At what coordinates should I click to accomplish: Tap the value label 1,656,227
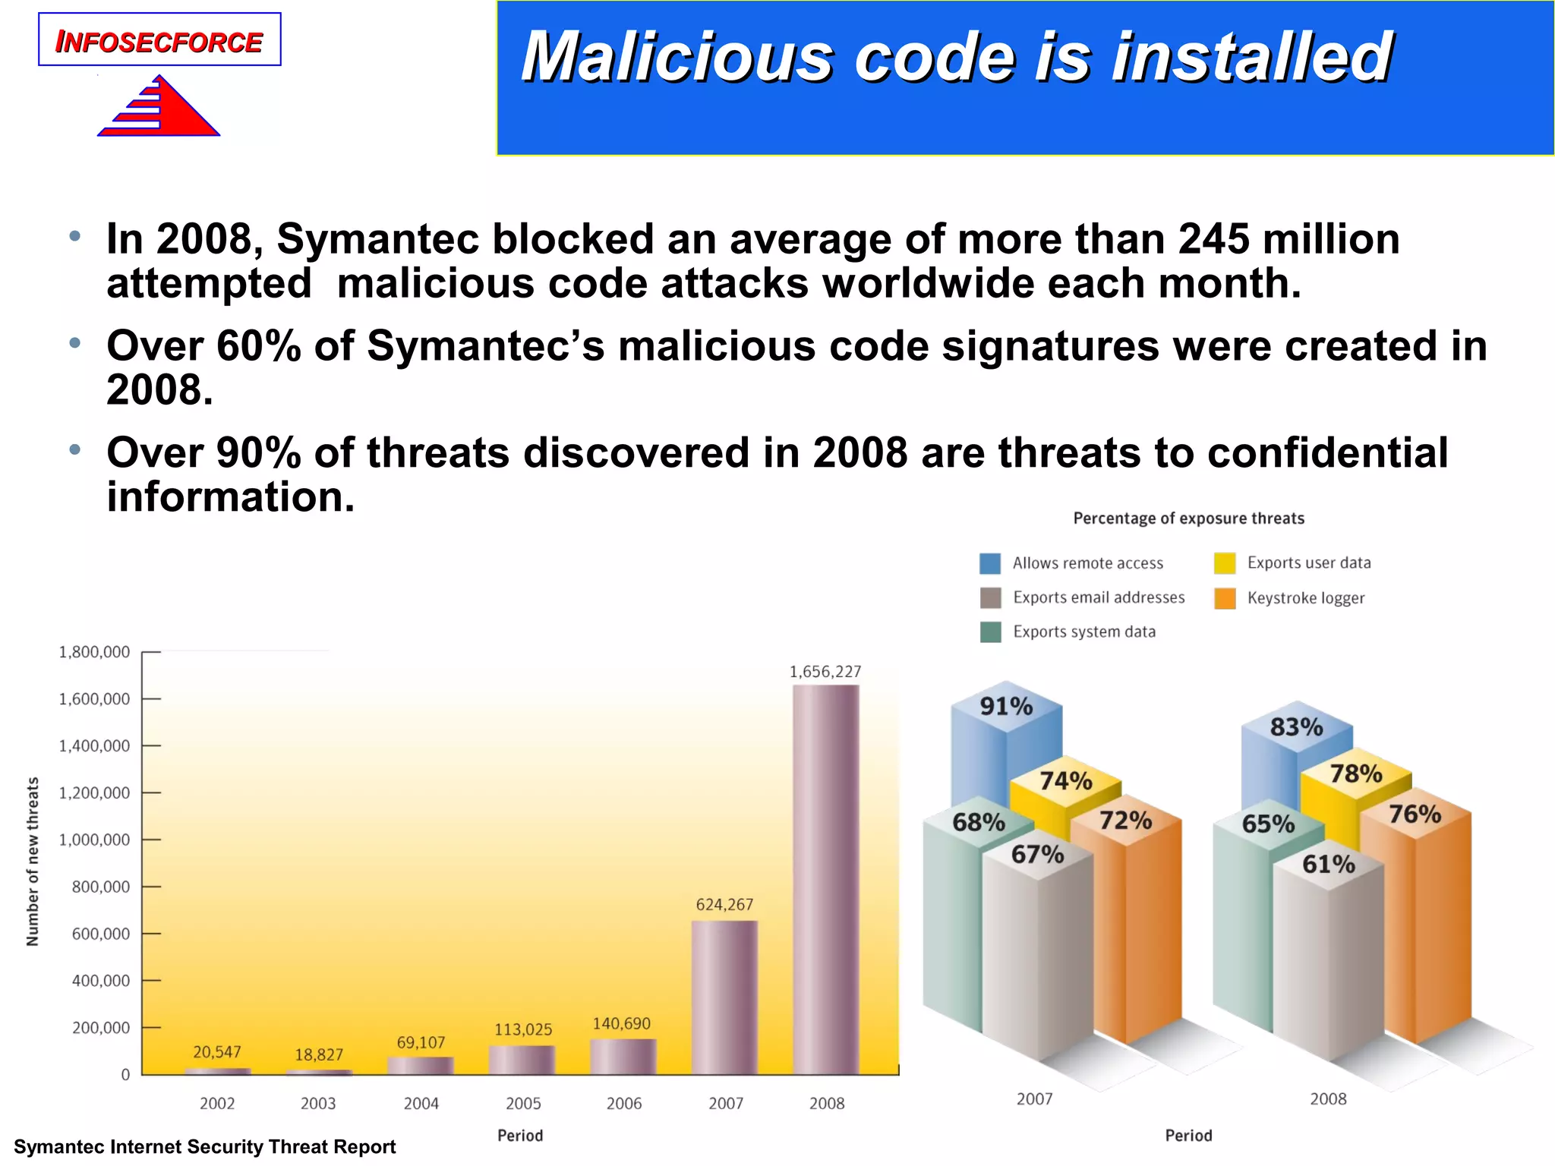tap(825, 672)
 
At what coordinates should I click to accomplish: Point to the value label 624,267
tap(724, 905)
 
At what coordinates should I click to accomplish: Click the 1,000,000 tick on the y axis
tap(101, 840)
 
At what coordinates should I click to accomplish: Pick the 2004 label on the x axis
tap(421, 1104)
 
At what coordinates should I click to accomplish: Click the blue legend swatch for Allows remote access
tap(990, 563)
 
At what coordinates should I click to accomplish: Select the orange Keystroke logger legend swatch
tap(1225, 598)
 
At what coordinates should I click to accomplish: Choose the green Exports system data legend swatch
tap(990, 632)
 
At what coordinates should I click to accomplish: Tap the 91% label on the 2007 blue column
tap(1006, 707)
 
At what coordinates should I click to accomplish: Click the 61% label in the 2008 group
tap(1328, 865)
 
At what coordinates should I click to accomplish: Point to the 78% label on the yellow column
tap(1356, 774)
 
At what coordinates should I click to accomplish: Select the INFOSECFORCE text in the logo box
tap(159, 43)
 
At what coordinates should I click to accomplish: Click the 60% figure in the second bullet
tap(258, 346)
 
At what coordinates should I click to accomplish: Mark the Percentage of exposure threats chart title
tap(1188, 518)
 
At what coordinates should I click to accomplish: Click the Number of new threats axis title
tap(33, 862)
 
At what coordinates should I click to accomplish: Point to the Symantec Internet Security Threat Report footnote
tap(205, 1147)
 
